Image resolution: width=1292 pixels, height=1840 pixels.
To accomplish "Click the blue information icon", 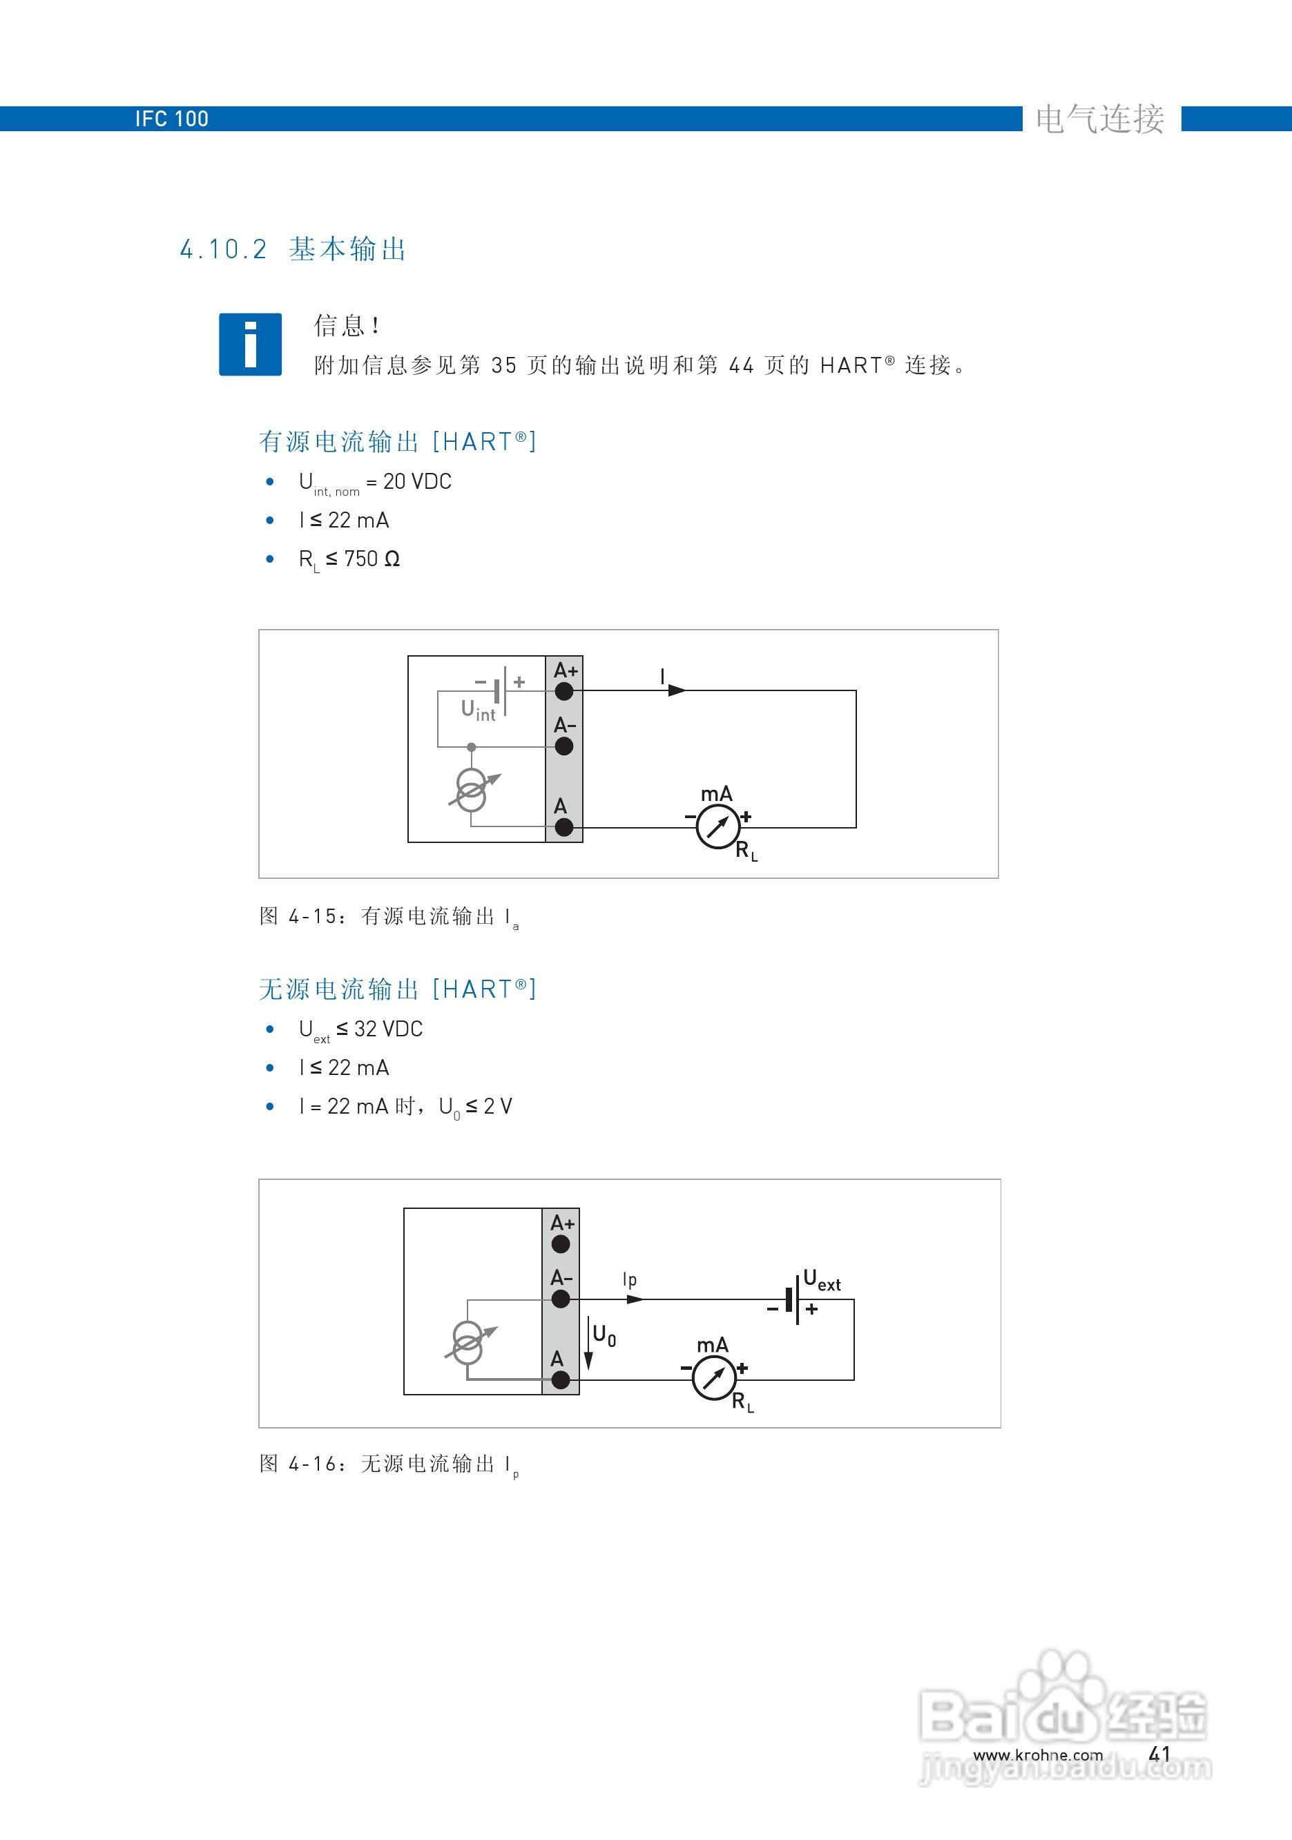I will [x=250, y=344].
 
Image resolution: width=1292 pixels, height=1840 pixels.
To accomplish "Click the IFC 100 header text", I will [x=171, y=119].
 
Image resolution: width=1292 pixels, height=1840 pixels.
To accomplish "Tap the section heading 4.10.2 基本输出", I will [x=293, y=249].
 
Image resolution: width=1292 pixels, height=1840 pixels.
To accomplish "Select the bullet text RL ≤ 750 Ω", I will [x=349, y=559].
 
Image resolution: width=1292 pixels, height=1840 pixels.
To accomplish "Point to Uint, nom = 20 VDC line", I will [x=374, y=482].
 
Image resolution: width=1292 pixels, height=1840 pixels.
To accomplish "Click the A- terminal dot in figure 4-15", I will [x=564, y=746].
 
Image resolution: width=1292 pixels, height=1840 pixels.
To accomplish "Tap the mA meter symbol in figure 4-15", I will [x=717, y=827].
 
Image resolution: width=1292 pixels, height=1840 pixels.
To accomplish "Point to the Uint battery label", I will [x=478, y=710].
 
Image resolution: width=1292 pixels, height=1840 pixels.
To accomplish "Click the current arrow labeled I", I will [x=675, y=689].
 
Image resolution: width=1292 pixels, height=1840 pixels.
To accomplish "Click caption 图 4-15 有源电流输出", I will [x=389, y=916].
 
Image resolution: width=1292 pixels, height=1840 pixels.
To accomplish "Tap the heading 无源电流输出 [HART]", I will [x=397, y=989].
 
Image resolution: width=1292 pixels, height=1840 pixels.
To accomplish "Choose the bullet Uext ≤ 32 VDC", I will [x=360, y=1029].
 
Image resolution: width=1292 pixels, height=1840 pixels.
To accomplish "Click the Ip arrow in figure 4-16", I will [x=634, y=1298].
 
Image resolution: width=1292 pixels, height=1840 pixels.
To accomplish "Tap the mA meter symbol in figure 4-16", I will [x=713, y=1378].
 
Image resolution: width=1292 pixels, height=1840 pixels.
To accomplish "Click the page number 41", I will [x=1159, y=1754].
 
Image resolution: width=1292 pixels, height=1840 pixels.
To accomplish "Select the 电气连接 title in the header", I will [x=1099, y=119].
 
